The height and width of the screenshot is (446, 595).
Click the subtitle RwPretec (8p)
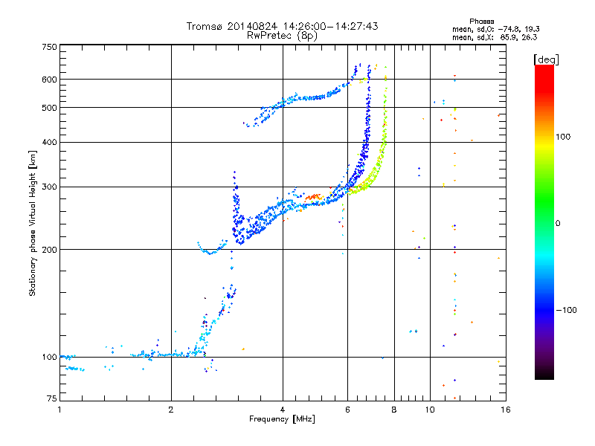pyautogui.click(x=283, y=35)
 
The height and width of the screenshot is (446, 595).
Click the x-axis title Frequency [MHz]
pyautogui.click(x=282, y=419)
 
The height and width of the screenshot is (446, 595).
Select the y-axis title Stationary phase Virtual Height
pyautogui.click(x=33, y=223)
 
